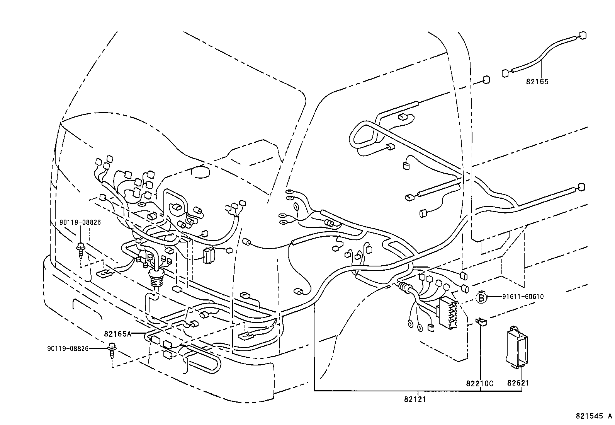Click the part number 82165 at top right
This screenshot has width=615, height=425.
coord(537,82)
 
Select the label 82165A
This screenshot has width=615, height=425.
coord(117,333)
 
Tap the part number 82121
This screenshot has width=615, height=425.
coord(415,399)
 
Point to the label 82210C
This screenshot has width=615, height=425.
coord(480,383)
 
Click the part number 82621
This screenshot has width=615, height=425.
coord(518,383)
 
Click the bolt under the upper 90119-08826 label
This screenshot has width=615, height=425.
coord(80,248)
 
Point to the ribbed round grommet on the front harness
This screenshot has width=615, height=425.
coord(156,278)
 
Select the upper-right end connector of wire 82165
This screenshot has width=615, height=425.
coord(583,36)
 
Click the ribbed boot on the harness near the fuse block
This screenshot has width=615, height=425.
coord(404,287)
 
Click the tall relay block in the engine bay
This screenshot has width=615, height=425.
coord(208,255)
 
